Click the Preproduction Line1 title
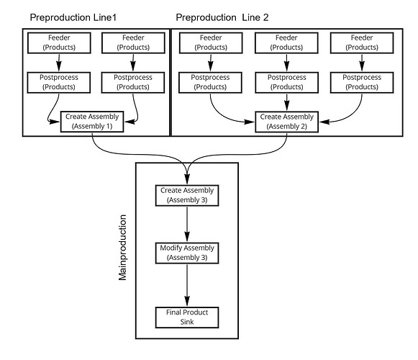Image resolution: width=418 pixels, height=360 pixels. click(x=73, y=17)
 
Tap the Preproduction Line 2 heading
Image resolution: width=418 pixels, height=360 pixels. click(x=222, y=17)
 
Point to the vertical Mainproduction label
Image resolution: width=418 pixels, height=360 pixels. click(x=122, y=248)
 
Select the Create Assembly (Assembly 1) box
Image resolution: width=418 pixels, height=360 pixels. click(x=92, y=122)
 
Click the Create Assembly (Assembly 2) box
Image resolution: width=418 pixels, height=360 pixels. click(x=286, y=122)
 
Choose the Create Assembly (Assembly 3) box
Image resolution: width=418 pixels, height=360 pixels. click(x=187, y=195)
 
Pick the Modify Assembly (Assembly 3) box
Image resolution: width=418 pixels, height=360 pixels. click(x=187, y=253)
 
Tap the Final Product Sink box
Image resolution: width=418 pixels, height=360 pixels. click(x=187, y=318)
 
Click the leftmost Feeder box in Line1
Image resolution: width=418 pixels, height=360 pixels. click(x=59, y=43)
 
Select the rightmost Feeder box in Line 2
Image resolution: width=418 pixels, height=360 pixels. click(x=362, y=43)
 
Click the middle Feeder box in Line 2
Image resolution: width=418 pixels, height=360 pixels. click(x=286, y=43)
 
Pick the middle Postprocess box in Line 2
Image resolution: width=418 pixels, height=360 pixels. click(x=286, y=83)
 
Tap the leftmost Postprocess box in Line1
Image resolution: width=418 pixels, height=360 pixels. click(x=59, y=83)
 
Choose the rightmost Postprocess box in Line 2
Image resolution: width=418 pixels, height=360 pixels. click(x=362, y=83)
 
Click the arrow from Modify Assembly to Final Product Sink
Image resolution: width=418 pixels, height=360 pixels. click(x=187, y=285)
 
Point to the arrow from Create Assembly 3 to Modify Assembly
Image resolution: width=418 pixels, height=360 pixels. click(x=187, y=224)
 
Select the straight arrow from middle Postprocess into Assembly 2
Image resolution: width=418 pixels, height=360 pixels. click(x=286, y=102)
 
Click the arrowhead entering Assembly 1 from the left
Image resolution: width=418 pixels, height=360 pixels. click(x=55, y=122)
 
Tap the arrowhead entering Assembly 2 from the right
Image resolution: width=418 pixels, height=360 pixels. click(x=324, y=122)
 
